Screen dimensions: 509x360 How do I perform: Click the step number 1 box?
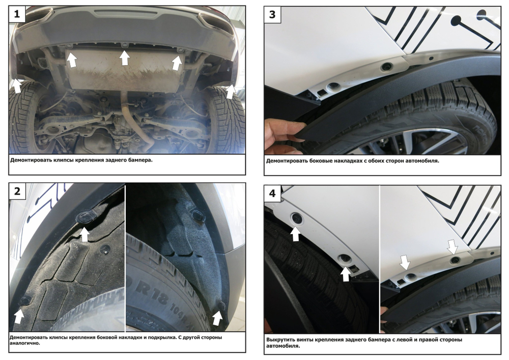pos(17,14)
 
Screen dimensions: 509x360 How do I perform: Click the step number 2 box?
pos(17,191)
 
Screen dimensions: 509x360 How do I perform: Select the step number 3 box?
pos(272,15)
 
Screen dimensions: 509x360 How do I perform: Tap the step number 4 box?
pos(272,193)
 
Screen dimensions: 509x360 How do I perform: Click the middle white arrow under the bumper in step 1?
pos(124,58)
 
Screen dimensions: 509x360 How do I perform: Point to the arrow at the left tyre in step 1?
pos(17,86)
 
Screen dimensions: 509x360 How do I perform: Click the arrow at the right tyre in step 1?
pos(230,91)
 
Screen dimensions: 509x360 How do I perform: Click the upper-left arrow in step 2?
pos(84,234)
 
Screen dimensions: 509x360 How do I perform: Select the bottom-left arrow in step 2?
pos(19,316)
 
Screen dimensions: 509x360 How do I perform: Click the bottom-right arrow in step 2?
pos(217,318)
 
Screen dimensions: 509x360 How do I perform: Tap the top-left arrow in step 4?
pos(295,234)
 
